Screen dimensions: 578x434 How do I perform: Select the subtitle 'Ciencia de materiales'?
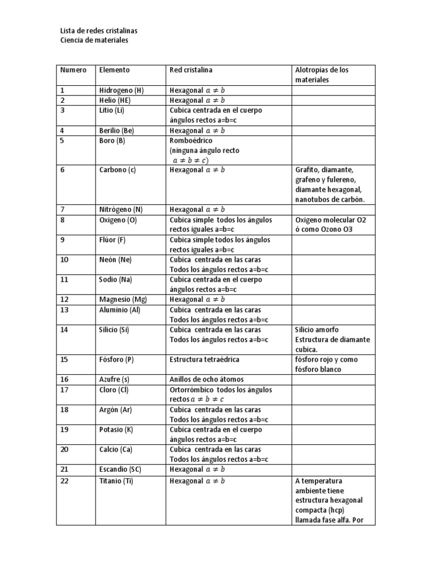coord(94,40)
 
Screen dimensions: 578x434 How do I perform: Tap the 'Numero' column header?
coord(73,70)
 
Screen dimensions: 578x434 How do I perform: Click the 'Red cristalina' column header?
coord(191,70)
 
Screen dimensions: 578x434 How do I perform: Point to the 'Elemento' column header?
coord(114,70)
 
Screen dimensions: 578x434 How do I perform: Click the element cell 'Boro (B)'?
coord(112,141)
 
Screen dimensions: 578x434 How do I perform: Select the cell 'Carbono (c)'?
coord(118,170)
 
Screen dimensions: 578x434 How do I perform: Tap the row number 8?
coord(63,220)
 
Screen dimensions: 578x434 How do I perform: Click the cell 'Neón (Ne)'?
coord(116,260)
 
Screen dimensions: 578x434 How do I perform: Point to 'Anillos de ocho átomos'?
coord(206,379)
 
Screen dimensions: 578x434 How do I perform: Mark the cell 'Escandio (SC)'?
coord(120,469)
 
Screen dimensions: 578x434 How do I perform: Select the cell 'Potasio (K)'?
coord(116,430)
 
